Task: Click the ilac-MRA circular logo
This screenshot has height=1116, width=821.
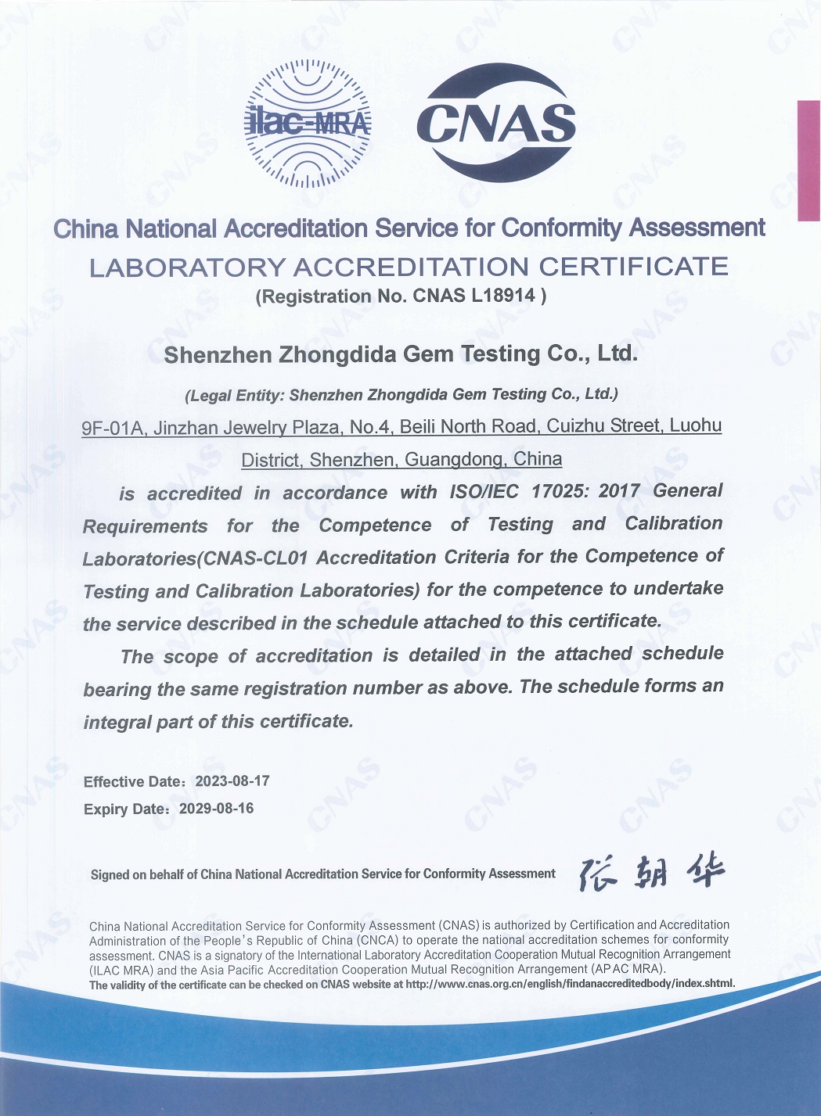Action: [x=308, y=124]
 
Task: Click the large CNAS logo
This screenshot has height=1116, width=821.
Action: [x=496, y=123]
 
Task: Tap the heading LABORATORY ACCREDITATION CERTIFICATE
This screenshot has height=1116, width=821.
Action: [x=409, y=267]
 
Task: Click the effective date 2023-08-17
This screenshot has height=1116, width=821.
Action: [x=232, y=780]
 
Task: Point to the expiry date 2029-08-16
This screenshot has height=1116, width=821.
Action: [x=216, y=809]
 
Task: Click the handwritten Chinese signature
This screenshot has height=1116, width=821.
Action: [x=652, y=872]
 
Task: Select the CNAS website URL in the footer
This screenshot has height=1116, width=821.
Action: [x=571, y=984]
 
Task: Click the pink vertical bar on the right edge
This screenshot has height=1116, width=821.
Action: [x=808, y=160]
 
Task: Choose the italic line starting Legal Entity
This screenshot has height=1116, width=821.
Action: [x=401, y=395]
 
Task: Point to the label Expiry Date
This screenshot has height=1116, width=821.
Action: [x=125, y=809]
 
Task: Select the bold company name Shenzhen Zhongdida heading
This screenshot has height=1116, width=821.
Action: [x=401, y=354]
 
